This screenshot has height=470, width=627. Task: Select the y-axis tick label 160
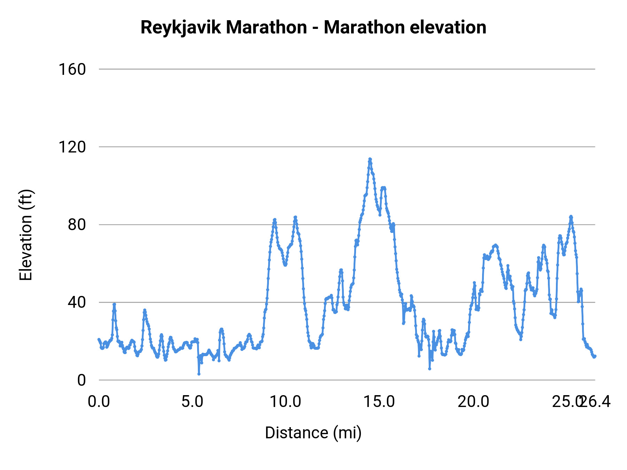pos(72,69)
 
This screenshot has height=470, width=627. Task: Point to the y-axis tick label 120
pos(72,147)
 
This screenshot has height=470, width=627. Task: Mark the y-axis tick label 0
pos(81,380)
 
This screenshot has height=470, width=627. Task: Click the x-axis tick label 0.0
pos(99,402)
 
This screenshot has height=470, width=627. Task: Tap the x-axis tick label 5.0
pos(192,402)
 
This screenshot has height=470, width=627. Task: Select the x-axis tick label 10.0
pos(286,402)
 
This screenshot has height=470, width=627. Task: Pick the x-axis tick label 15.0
pos(379,402)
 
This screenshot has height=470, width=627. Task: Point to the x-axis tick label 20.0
pos(473,402)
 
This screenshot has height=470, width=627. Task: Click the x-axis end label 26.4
pos(596,402)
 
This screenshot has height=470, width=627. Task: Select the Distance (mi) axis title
pos(313,433)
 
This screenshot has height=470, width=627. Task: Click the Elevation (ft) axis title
pos(25,235)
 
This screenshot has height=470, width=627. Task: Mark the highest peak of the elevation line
pos(370,159)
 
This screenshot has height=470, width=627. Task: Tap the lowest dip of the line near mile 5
pos(199,374)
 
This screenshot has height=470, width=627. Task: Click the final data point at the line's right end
pos(595,356)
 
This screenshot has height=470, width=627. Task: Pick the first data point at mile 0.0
pos(99,339)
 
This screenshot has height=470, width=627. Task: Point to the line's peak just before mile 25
pos(571,217)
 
